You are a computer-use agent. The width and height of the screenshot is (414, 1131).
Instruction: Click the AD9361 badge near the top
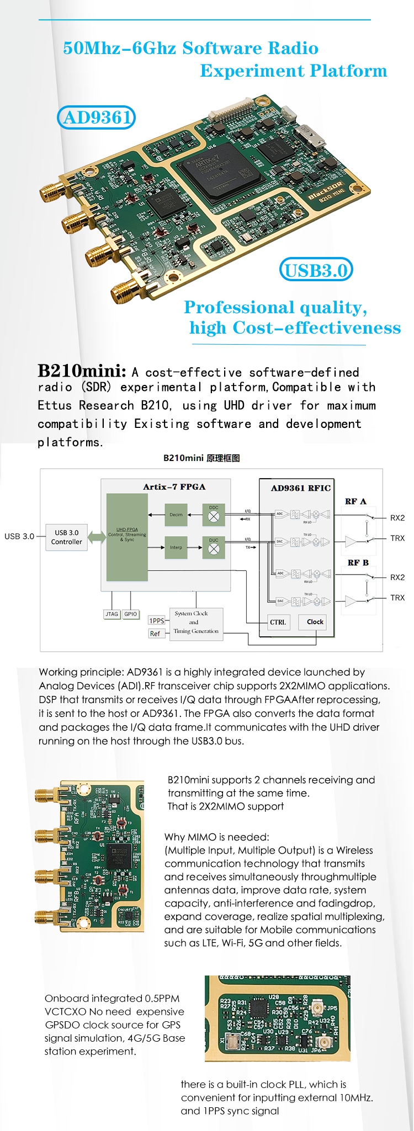(x=97, y=117)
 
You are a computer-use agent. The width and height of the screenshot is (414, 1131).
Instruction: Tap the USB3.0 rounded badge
(x=316, y=270)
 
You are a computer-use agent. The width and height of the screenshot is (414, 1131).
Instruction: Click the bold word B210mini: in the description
(x=82, y=370)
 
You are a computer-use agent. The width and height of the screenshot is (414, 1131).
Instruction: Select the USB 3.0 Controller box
(x=67, y=537)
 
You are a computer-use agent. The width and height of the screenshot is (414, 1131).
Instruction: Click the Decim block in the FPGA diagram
(x=176, y=514)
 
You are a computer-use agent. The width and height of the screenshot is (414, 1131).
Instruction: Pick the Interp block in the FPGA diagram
(x=176, y=548)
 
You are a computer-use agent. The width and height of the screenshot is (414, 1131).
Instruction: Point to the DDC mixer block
(x=214, y=514)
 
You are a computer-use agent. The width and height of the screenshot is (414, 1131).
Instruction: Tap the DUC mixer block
(x=214, y=547)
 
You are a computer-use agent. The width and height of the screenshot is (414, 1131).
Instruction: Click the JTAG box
(x=112, y=614)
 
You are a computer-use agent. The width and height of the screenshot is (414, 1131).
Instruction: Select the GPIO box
(x=131, y=614)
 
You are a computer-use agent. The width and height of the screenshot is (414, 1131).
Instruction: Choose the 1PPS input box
(x=157, y=621)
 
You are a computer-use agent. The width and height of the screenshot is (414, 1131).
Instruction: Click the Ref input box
(x=155, y=634)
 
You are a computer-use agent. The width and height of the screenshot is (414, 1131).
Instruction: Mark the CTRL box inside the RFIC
(x=278, y=622)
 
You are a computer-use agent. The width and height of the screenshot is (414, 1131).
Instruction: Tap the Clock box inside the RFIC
(x=315, y=622)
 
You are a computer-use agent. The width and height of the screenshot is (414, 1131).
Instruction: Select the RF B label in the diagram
(x=358, y=562)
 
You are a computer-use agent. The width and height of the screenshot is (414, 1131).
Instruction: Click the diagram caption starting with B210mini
(x=201, y=458)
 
